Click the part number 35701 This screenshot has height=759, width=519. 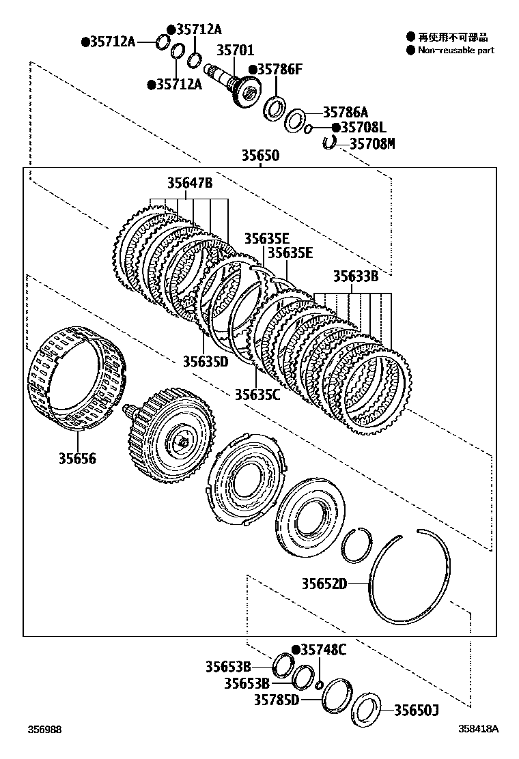click(236, 50)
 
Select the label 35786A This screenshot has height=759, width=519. click(345, 112)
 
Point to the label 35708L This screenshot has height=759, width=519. click(363, 128)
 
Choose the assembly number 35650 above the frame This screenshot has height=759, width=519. click(259, 156)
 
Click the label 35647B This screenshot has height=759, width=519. click(190, 183)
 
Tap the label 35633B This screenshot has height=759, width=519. click(356, 276)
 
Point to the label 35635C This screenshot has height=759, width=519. click(257, 394)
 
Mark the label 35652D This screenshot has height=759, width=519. click(325, 584)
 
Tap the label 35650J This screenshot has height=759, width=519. click(417, 711)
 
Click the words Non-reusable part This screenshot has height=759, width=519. click(455, 51)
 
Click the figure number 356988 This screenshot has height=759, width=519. click(44, 729)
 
